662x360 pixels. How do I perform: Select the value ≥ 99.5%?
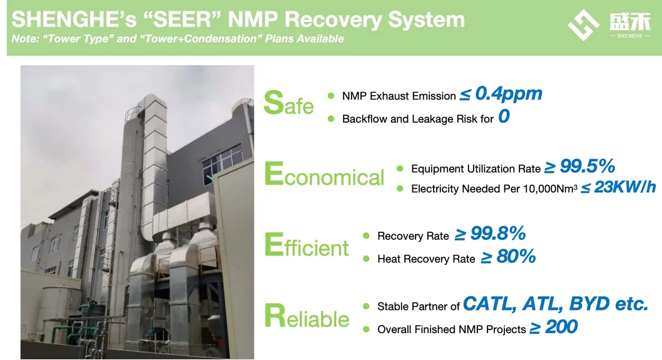tap(579, 167)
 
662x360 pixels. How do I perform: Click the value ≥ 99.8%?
tap(489, 235)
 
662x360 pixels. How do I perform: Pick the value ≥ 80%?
tap(508, 257)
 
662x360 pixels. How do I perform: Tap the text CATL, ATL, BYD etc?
tap(555, 305)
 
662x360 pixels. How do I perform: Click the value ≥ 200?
tap(553, 327)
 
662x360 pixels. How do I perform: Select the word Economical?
tap(324, 175)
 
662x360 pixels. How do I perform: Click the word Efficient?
tap(307, 245)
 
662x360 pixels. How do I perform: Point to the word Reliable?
tap(307, 316)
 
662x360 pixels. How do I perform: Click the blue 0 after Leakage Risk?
tap(504, 117)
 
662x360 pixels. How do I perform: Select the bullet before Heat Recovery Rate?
tap(367, 259)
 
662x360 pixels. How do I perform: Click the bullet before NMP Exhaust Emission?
tap(332, 96)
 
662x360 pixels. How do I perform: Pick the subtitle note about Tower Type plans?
tap(178, 39)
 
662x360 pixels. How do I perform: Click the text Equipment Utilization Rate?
tap(476, 169)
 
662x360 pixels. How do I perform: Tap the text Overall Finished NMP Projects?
tap(451, 329)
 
